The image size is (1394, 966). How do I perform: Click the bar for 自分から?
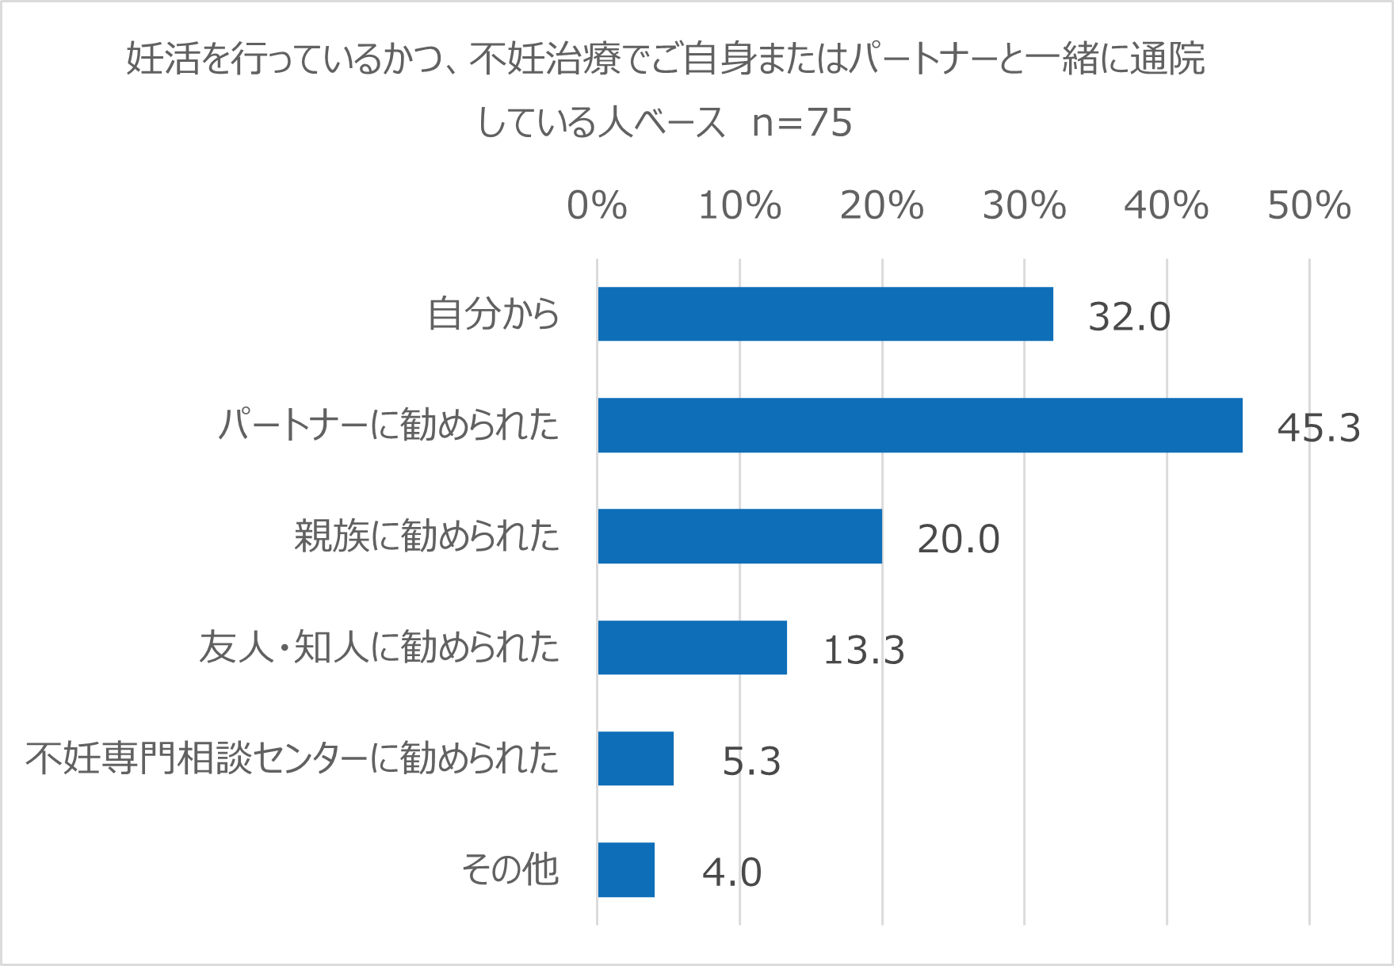(825, 314)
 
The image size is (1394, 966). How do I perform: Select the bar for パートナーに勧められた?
(919, 426)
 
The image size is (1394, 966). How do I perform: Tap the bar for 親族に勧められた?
(739, 536)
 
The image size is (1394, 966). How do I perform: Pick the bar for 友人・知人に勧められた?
(692, 647)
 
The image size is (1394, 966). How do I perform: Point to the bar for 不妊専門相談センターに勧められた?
(636, 758)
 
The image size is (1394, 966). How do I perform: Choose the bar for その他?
(626, 869)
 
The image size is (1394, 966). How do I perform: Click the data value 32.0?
(1129, 317)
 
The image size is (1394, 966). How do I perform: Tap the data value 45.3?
(1318, 428)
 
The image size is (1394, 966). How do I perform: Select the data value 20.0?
(957, 539)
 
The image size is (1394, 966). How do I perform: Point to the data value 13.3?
(863, 651)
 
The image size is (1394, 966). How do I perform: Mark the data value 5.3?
(751, 762)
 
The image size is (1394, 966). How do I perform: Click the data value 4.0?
(731, 872)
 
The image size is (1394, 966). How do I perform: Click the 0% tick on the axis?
(597, 206)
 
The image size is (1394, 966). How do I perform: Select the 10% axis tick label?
(739, 206)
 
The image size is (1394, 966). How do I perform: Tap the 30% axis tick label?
(1024, 206)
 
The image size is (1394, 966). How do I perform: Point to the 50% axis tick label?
(1308, 206)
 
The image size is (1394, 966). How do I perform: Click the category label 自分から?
(493, 314)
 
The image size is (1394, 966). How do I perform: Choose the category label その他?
(510, 869)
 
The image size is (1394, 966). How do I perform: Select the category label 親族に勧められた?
(426, 536)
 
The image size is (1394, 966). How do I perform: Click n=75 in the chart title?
(801, 123)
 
